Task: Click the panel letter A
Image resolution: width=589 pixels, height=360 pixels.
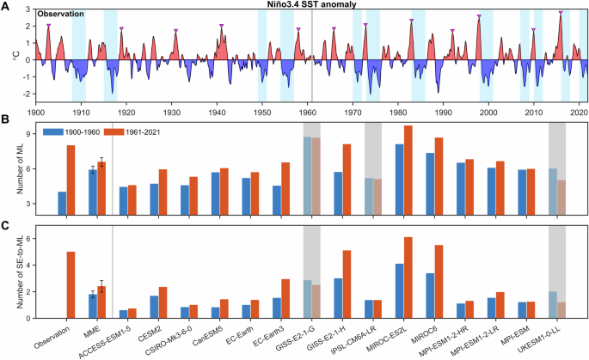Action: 4,5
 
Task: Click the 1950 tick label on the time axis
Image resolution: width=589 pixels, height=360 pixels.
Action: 261,111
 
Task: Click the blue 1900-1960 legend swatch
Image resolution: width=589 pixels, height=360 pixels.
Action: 53,131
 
